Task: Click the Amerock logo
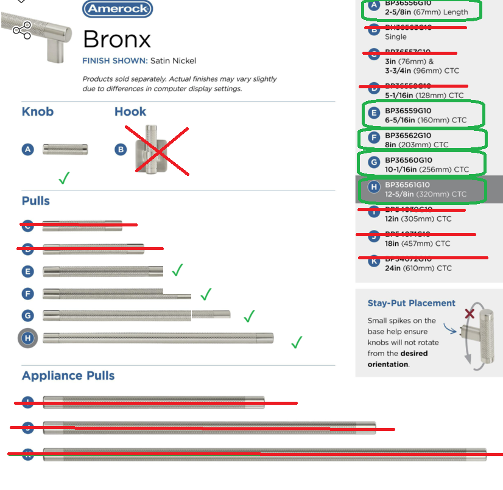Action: point(117,9)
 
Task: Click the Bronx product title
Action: point(116,40)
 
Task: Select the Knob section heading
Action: point(38,111)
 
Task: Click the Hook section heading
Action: point(130,111)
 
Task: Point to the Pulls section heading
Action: point(36,201)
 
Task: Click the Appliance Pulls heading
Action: point(68,376)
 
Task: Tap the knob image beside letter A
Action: point(65,149)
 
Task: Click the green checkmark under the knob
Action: point(63,178)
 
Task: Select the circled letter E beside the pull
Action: point(27,271)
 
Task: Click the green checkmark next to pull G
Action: point(248,316)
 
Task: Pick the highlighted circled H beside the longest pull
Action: point(27,338)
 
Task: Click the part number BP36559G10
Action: point(408,111)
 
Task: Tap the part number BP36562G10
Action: point(408,136)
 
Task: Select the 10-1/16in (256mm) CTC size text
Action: point(427,170)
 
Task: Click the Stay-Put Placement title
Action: point(411,303)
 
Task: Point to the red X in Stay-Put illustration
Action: point(470,314)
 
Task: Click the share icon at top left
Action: point(22,30)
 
